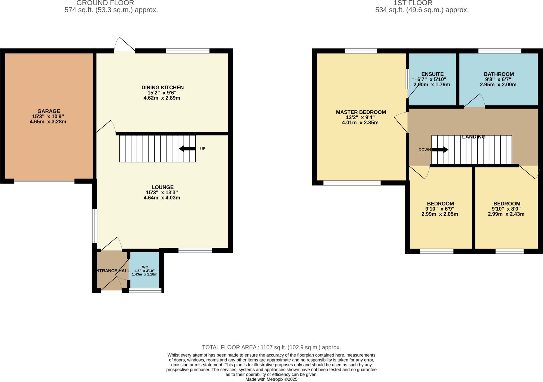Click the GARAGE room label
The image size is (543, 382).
tap(49, 111)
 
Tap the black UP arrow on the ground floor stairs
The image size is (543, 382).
tap(187, 149)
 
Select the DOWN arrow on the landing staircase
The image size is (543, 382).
tap(440, 150)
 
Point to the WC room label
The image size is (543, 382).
tap(145, 267)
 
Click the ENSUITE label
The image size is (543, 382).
tap(432, 74)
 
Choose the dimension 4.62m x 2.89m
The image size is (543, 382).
tap(162, 98)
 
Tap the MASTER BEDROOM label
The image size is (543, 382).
tap(361, 112)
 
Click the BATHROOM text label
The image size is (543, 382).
tap(498, 74)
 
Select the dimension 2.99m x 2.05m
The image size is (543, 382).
tap(440, 214)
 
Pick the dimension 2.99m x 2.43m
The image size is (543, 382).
tap(506, 214)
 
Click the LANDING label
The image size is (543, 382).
tap(474, 137)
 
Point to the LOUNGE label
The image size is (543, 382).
tap(162, 187)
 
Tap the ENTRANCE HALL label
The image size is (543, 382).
tap(112, 271)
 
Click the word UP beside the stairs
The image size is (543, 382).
tap(203, 149)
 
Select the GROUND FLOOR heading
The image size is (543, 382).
tap(105, 3)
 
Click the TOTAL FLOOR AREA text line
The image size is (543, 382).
tap(271, 347)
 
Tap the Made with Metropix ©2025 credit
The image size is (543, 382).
tap(271, 379)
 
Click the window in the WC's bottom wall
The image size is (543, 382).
tap(145, 290)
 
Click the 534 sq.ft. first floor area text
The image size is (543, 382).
tap(422, 10)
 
